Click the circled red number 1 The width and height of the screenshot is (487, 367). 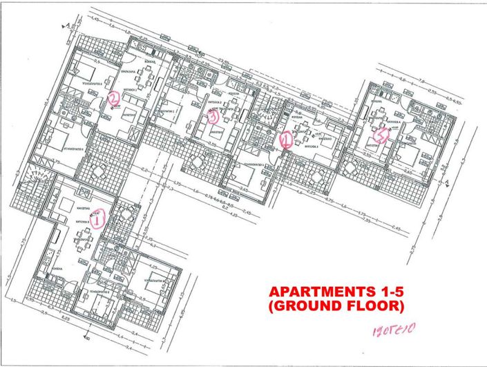pyautogui.click(x=98, y=219)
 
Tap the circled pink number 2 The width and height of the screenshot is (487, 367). pyautogui.click(x=114, y=101)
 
